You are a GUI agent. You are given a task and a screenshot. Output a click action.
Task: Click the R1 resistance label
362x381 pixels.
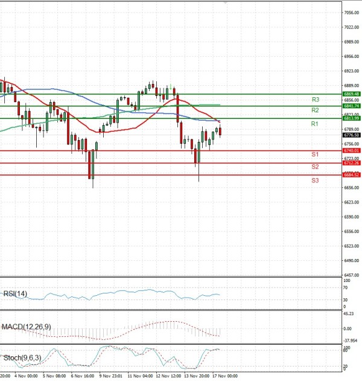(315, 124)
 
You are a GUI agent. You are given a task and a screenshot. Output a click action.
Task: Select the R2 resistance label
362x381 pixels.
(315, 110)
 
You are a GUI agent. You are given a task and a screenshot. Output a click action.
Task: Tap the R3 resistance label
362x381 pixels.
(315, 99)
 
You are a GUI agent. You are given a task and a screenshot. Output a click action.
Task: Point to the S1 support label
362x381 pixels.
(315, 155)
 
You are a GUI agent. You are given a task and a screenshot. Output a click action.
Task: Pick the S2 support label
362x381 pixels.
(315, 167)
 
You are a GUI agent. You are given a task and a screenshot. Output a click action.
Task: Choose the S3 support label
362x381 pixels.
(315, 181)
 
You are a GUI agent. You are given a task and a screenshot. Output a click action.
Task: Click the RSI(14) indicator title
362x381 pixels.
(14, 294)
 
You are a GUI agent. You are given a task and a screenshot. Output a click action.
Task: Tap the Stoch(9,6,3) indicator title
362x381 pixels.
(21, 358)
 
